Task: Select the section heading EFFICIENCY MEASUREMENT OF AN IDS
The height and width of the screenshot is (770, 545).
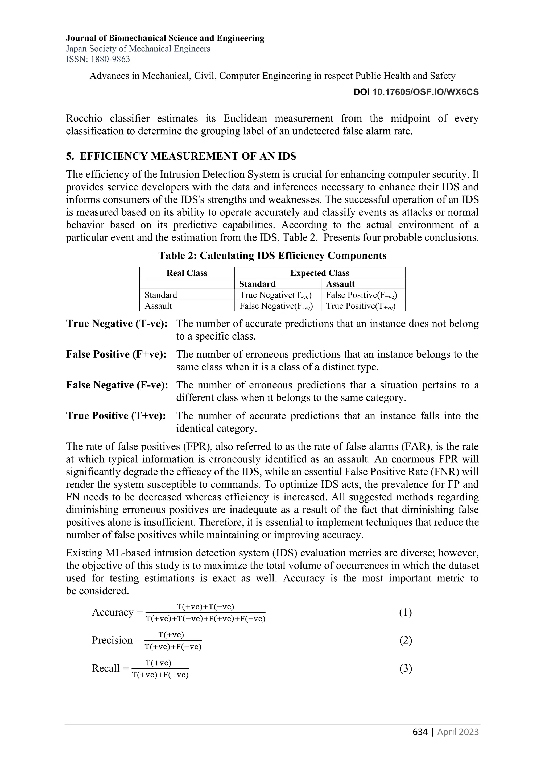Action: [x=188, y=156]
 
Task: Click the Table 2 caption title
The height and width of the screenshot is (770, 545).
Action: [x=272, y=256]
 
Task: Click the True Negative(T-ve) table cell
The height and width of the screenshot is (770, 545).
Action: [x=275, y=295]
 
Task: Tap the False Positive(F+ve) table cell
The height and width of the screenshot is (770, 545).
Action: [x=361, y=295]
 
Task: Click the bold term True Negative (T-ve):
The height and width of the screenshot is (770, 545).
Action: [x=117, y=324]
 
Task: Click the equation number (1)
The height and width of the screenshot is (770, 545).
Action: [x=405, y=612]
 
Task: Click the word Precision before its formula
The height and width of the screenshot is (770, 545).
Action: [x=112, y=640]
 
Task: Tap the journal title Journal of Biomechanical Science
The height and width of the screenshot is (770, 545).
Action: [x=165, y=38]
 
